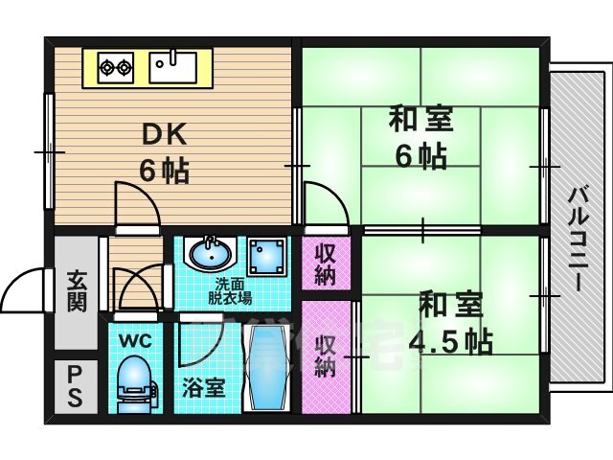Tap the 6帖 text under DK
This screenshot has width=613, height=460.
(x=164, y=171)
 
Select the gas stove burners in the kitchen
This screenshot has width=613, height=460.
(x=117, y=67)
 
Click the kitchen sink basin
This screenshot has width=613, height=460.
(x=173, y=66)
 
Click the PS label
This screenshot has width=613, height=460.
(x=74, y=385)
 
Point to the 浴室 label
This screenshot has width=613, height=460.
(x=203, y=387)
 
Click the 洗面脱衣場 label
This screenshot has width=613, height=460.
(x=233, y=290)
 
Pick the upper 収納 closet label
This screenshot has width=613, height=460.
(x=326, y=263)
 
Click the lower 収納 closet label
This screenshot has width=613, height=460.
(x=326, y=355)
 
